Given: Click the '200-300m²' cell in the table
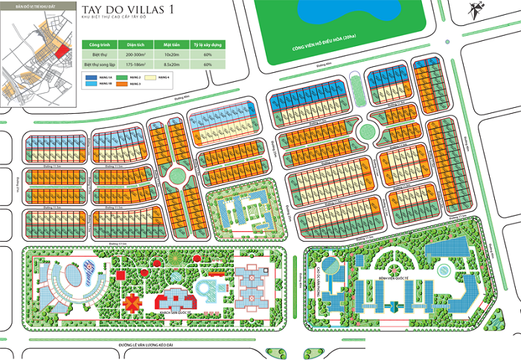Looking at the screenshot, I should click(135, 54).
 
